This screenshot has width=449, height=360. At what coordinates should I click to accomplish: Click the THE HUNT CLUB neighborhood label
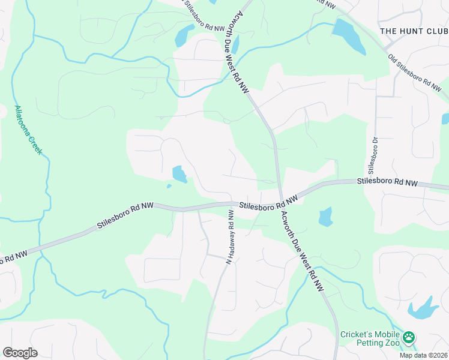coord(414,31)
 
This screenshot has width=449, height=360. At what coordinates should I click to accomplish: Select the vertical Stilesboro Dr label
coord(372,154)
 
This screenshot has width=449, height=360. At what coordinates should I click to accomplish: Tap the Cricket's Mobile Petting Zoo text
coord(370,339)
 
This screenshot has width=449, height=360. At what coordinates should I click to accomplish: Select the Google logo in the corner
coord(20,353)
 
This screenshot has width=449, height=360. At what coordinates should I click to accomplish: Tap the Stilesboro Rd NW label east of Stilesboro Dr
coord(387,181)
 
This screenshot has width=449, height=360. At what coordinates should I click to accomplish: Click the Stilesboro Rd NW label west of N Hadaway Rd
coord(125,217)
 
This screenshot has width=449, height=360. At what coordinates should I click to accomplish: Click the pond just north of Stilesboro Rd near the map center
coord(179,175)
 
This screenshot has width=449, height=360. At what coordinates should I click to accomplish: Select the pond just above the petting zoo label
coord(424,308)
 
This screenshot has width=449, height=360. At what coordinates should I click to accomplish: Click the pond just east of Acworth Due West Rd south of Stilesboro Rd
coord(325,217)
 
